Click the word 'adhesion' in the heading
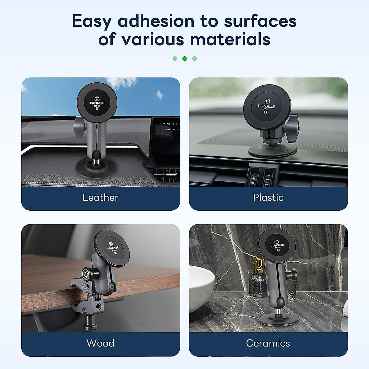pyautogui.click(x=156, y=21)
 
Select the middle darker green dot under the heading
pyautogui.click(x=184, y=58)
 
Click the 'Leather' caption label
pyautogui.click(x=100, y=197)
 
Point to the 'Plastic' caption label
pyautogui.click(x=268, y=197)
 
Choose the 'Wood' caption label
pyautogui.click(x=100, y=343)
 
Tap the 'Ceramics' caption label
pyautogui.click(x=268, y=343)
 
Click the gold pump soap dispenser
pyautogui.click(x=256, y=277)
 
